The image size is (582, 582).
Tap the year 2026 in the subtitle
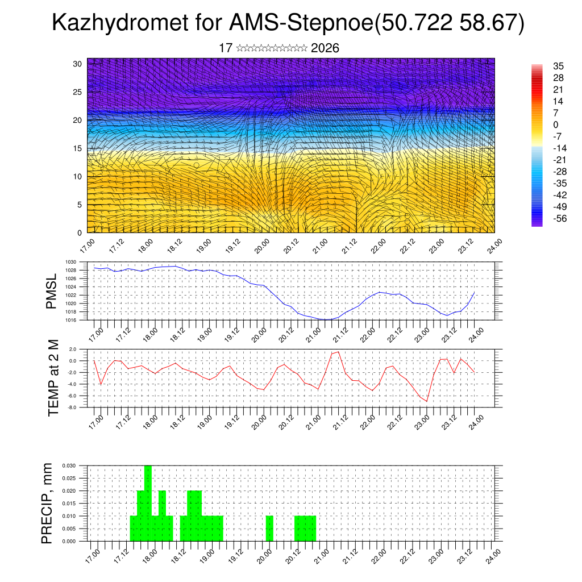(325, 48)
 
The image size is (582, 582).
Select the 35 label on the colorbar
(558, 66)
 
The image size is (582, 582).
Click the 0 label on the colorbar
(555, 124)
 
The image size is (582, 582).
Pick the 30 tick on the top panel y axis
(78, 64)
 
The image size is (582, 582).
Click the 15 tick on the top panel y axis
(78, 148)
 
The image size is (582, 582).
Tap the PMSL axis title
(52, 290)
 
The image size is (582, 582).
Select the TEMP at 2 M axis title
(53, 377)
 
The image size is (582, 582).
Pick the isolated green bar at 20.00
(269, 529)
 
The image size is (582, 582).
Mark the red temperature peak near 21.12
(339, 352)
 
